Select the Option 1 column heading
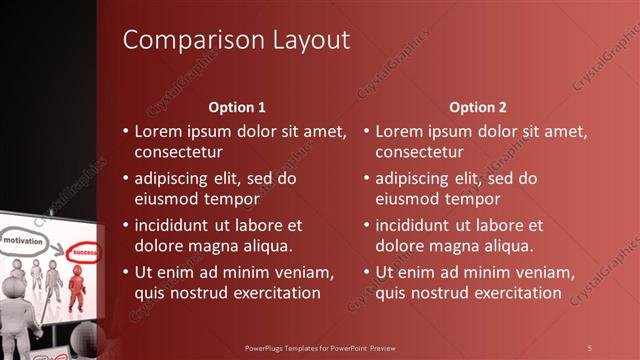click(x=237, y=107)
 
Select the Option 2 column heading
click(x=478, y=107)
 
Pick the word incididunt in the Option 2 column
click(x=423, y=225)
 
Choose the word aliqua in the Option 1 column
click(x=269, y=246)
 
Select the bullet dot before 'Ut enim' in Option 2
click(x=367, y=272)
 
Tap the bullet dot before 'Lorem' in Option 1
click(x=126, y=131)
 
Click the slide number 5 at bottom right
click(x=590, y=347)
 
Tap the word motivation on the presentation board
click(x=21, y=242)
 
